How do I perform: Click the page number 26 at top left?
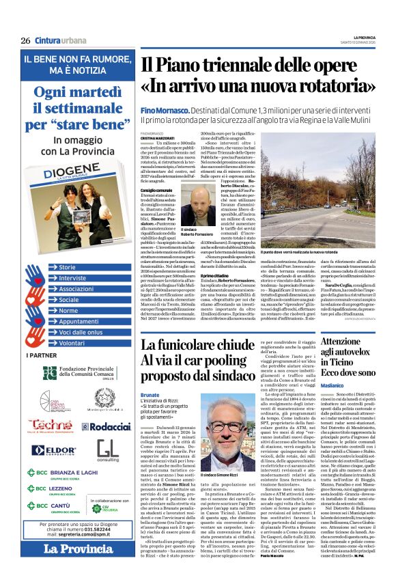coord(25,40)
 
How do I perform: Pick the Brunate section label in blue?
coord(150,394)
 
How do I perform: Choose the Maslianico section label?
coord(327,385)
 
